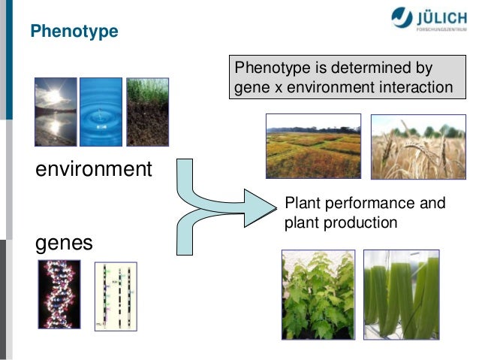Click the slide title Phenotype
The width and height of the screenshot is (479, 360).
pyautogui.click(x=74, y=32)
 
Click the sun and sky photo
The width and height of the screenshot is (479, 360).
pyautogui.click(x=55, y=113)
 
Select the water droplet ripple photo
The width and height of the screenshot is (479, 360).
pyautogui.click(x=101, y=113)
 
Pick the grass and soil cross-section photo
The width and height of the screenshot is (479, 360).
pyautogui.click(x=147, y=113)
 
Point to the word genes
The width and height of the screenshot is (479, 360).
pyautogui.click(x=65, y=243)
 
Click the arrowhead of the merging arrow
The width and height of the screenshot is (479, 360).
pyautogui.click(x=263, y=202)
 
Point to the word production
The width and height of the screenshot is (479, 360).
pyautogui.click(x=358, y=223)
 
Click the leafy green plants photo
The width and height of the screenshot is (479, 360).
pyautogui.click(x=318, y=294)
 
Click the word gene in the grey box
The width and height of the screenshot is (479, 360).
pyautogui.click(x=250, y=89)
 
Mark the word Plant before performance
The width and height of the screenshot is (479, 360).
pyautogui.click(x=301, y=204)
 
